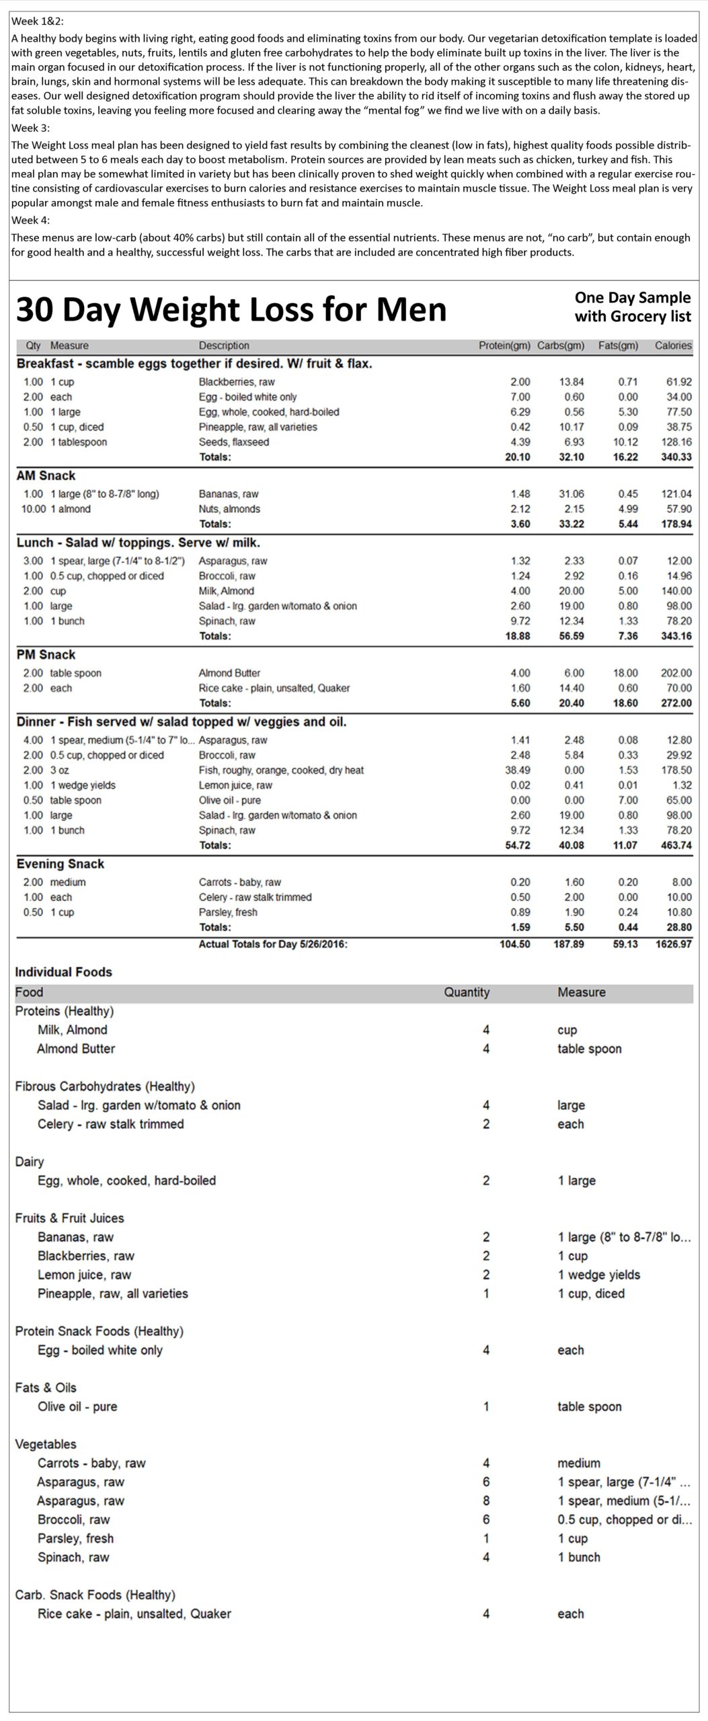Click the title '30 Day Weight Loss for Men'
pos(231,310)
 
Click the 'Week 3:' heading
pos(31,128)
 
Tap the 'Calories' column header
pos(672,346)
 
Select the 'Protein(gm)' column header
pos(504,346)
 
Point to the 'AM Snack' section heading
pos(46,475)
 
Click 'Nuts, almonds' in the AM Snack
pos(229,509)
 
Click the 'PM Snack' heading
pos(46,655)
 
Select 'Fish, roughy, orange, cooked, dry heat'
pos(281,770)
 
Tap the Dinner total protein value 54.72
pos(517,845)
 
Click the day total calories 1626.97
pos(673,944)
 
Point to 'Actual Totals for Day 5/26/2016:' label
pos(273,944)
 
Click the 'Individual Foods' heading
pos(63,972)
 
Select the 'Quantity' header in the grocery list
pos(467,992)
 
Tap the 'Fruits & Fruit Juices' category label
pos(69,1218)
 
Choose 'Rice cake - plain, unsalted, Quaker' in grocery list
pos(134,1613)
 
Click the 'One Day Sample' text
pos(632,298)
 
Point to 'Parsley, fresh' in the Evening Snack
pos(228,912)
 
